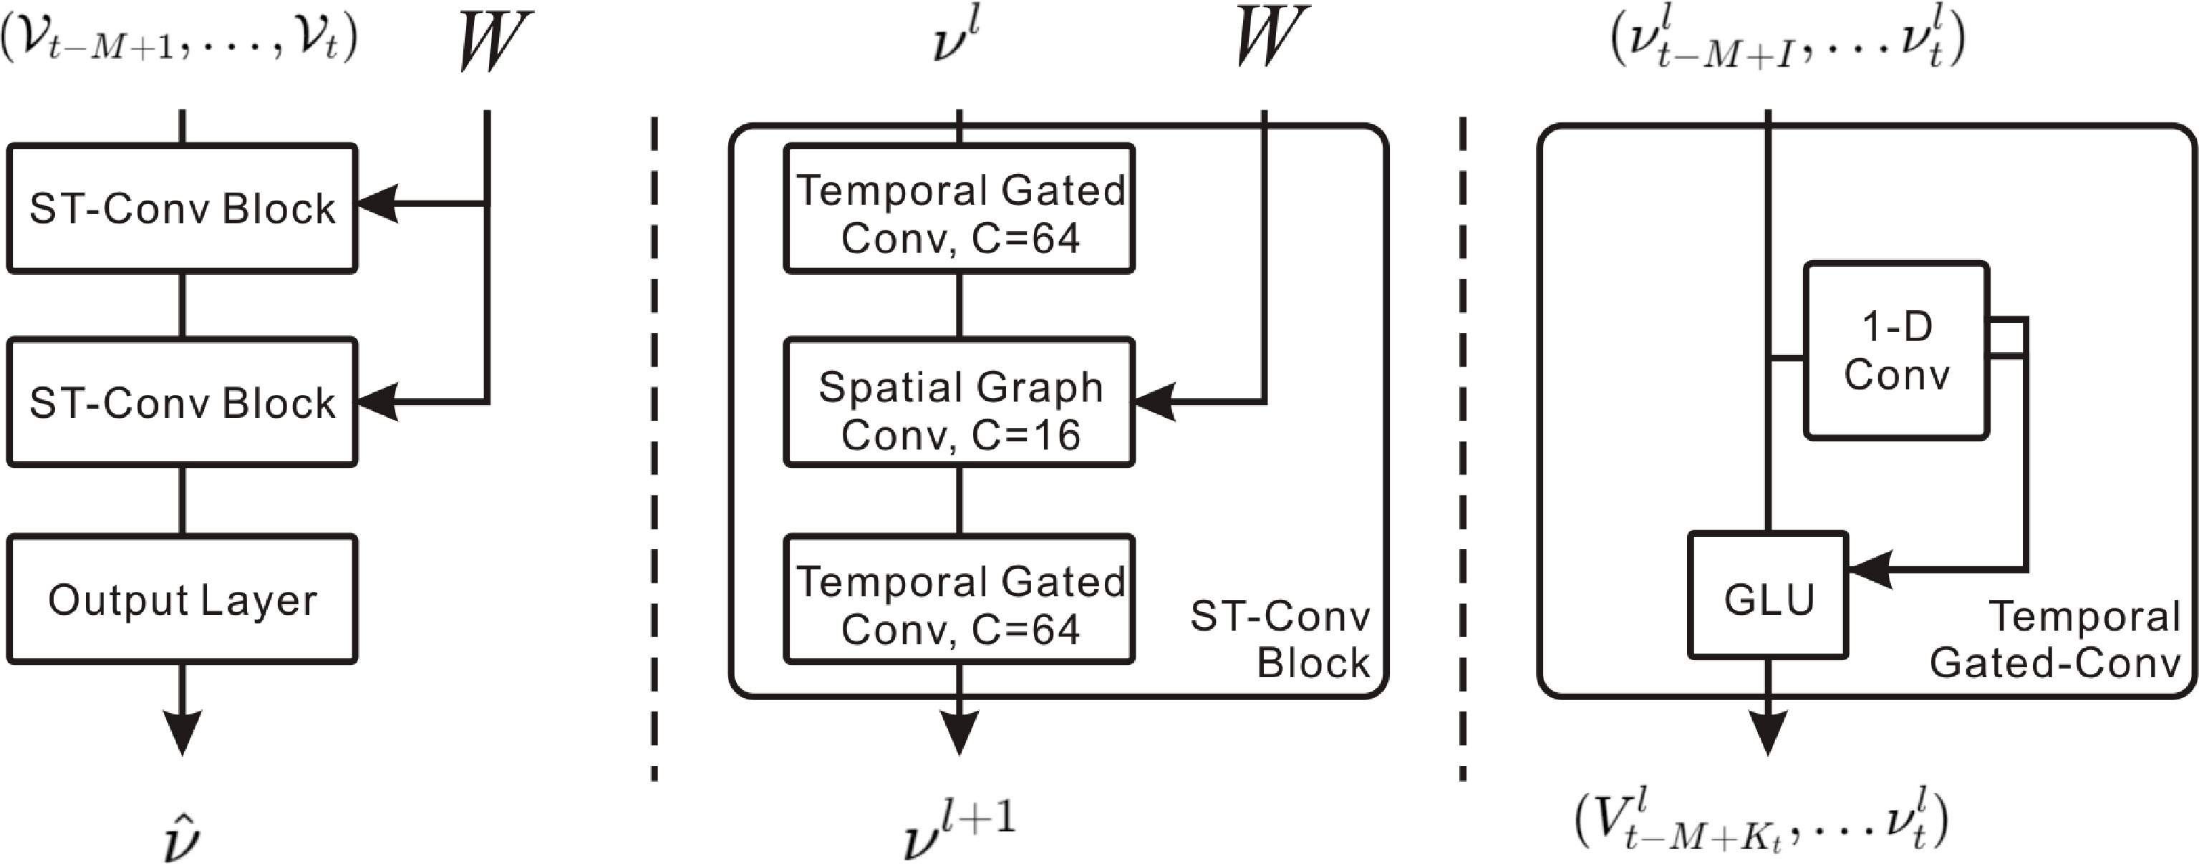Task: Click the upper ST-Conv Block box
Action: (x=182, y=208)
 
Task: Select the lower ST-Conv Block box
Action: (x=182, y=402)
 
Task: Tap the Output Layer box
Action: (x=182, y=599)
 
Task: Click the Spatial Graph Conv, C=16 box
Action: (x=960, y=402)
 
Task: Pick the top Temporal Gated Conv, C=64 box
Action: (x=960, y=208)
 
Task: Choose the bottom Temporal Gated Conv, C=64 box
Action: (x=960, y=599)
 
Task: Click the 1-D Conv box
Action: (x=1897, y=350)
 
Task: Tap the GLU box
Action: (x=1768, y=596)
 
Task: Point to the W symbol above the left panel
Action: (x=493, y=40)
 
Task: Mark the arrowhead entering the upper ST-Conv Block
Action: (x=377, y=204)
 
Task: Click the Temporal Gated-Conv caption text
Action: (x=2056, y=639)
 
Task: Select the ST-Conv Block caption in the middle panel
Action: (x=1280, y=639)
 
